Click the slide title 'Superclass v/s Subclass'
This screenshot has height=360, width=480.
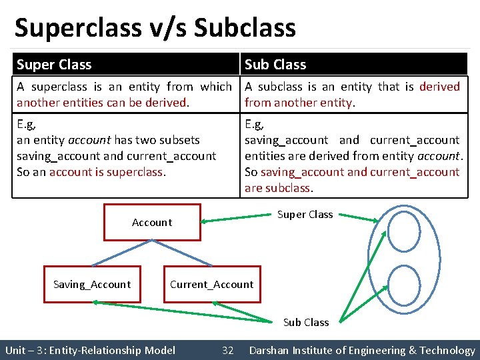pos(155,28)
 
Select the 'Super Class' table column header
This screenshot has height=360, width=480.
pos(54,65)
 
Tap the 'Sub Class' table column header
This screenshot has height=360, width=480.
pos(275,65)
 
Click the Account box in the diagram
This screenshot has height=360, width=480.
pos(152,222)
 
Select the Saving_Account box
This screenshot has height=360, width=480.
pos(92,285)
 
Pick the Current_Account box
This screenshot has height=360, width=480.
pos(211,285)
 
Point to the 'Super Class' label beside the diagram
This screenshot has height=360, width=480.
pos(305,214)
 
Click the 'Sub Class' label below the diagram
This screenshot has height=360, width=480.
pos(306,322)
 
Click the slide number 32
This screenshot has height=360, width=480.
pos(228,350)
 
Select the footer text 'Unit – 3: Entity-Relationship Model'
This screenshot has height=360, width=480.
pos(90,350)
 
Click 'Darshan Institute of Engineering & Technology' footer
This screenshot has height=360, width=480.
pos(362,350)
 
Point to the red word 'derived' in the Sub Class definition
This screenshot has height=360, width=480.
pos(440,87)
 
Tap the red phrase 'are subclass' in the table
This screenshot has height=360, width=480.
pos(277,188)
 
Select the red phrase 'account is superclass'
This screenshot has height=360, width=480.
pos(107,172)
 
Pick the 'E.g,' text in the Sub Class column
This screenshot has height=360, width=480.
pos(254,124)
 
